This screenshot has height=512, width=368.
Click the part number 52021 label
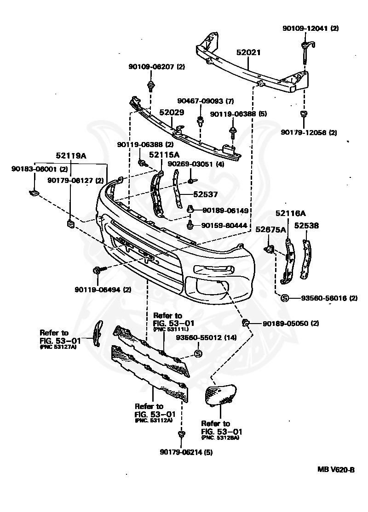click(x=248, y=53)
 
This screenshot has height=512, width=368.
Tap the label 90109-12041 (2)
click(x=310, y=28)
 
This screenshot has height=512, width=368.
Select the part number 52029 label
click(x=172, y=112)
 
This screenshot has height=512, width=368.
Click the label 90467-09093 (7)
click(x=206, y=101)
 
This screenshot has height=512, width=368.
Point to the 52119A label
click(x=71, y=156)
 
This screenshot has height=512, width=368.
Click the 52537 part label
click(x=205, y=194)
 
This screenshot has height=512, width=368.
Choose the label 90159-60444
click(x=224, y=226)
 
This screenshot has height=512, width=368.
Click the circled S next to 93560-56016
click(x=284, y=298)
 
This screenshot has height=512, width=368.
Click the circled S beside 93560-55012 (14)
click(x=198, y=353)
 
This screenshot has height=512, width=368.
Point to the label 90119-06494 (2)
click(x=103, y=290)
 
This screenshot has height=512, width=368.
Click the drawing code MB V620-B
click(x=336, y=470)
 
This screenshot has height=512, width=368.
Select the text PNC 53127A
click(x=58, y=347)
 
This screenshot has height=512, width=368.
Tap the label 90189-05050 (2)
click(x=290, y=324)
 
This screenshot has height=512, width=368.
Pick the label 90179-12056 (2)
click(x=309, y=133)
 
